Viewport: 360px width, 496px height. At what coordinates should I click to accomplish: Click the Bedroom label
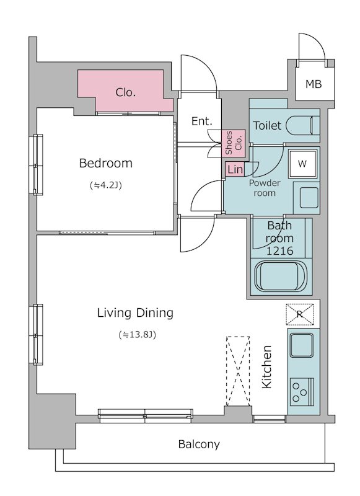pos(105,163)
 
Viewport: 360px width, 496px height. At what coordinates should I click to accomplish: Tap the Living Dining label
pos(135,313)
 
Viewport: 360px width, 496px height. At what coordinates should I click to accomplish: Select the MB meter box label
pos(314,84)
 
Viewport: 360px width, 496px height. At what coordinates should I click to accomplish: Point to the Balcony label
pos(199,445)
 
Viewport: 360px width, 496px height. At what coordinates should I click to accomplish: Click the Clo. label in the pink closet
pos(126,92)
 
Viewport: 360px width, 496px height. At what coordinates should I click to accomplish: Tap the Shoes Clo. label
pos(233,143)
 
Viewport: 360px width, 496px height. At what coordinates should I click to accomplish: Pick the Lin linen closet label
pos(235,169)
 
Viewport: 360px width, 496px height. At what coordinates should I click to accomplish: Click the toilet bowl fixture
pos(303,125)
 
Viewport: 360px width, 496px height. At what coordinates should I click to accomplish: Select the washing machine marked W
pos(302,164)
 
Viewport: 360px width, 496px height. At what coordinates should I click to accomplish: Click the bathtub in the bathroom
pos(281,275)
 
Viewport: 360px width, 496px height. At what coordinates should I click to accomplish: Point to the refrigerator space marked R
pos(300,314)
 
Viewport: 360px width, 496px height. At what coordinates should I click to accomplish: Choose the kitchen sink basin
pos(302,345)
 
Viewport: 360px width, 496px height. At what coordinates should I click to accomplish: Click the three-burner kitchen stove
pos(302,392)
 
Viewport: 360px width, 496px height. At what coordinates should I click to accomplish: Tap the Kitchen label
pos(267,367)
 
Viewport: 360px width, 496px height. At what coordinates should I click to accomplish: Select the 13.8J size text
pos(138,334)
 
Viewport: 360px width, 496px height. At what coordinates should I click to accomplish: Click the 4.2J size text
pos(106,185)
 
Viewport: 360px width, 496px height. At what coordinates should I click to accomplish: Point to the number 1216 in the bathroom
pos(279,251)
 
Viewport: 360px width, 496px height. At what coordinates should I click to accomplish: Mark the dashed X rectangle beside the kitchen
pos(238,371)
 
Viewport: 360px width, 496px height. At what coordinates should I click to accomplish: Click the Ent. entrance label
pos(201,121)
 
